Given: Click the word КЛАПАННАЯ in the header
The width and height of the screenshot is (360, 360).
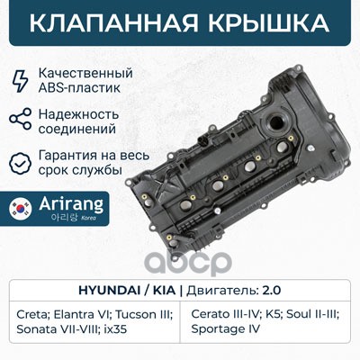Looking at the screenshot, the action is tap(114, 22).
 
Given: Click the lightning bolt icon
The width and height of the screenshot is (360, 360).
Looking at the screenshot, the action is tap(20, 80).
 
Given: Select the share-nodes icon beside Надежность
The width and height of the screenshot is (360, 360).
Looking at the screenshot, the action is tap(20, 119).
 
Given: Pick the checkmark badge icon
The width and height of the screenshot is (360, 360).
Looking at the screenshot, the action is tap(20, 164).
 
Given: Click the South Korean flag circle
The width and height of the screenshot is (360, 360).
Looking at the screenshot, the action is tap(21, 209).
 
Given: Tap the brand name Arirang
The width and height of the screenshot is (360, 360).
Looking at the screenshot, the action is tap(71, 205).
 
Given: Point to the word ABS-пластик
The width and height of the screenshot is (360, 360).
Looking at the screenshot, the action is tap(79, 88).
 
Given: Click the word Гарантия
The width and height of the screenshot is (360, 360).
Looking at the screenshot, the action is tap(66, 156).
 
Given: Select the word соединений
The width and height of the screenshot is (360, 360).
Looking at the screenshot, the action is tap(77, 130).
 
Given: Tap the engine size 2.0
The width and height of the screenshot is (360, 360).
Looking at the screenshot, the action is tap(272, 291).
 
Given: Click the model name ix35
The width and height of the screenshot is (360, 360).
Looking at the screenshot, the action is tap(115, 329).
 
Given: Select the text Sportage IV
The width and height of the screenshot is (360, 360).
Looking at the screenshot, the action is tap(225, 329).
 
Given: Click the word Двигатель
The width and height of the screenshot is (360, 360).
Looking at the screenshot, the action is tap(223, 291).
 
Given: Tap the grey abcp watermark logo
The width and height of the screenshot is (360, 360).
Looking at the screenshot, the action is tap(188, 262).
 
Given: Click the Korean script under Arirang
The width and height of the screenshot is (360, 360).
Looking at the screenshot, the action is tap(65, 217).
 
